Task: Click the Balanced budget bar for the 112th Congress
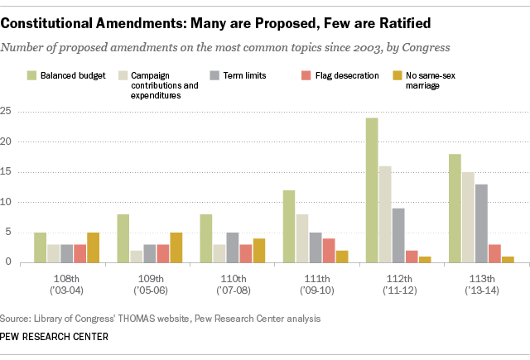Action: coord(372,190)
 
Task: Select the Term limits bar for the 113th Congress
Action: coord(481,223)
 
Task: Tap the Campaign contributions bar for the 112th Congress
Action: coord(385,214)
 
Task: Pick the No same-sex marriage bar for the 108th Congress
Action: coord(93,247)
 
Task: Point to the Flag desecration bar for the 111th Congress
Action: coord(329,251)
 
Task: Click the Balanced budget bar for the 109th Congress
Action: coord(122,238)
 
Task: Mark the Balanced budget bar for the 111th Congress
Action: coord(288,227)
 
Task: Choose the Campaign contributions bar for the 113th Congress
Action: coord(468,218)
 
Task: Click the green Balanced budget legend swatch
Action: coord(31,76)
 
